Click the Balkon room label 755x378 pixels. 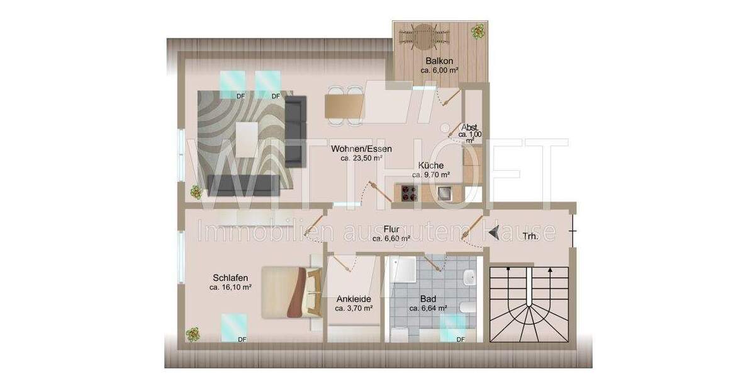coord(439,61)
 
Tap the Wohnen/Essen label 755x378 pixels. coord(362,149)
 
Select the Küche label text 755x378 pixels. coord(432,166)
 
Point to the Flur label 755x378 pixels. coord(391,229)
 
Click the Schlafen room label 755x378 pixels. coord(230,278)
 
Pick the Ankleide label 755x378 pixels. coord(354,299)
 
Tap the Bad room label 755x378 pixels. coord(428,299)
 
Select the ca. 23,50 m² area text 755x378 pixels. coord(362,159)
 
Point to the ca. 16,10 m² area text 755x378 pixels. coord(230,287)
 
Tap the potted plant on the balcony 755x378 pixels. coord(479,30)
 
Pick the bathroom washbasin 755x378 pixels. coord(469,278)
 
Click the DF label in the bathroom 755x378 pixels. coord(460,340)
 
